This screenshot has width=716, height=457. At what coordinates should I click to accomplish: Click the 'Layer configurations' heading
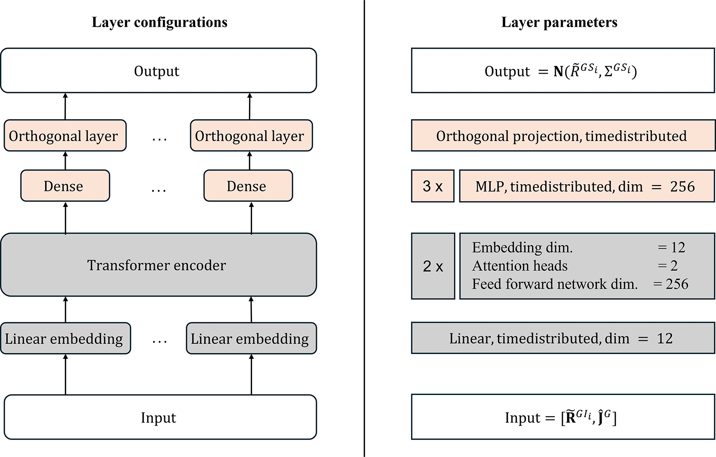[x=160, y=22]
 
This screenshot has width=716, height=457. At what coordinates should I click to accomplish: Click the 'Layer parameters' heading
[x=559, y=22]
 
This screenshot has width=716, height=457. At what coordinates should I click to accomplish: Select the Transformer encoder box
[x=159, y=265]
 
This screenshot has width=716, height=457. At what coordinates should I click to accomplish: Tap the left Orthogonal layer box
[x=65, y=136]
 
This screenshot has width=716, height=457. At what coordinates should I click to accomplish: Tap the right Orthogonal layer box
[x=251, y=136]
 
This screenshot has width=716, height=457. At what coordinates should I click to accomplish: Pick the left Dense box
[x=65, y=186]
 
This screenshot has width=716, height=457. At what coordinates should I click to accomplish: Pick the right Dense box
[x=248, y=186]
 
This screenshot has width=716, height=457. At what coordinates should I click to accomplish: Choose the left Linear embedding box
[x=65, y=338]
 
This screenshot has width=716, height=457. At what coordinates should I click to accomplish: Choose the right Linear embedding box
[x=251, y=338]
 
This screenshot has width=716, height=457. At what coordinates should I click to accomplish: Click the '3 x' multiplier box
[x=433, y=186]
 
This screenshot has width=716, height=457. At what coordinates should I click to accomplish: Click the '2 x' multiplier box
[x=433, y=266]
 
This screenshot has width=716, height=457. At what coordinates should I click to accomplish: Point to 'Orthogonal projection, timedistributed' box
[x=563, y=136]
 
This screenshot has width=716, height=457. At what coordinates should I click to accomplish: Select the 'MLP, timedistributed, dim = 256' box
[x=587, y=186]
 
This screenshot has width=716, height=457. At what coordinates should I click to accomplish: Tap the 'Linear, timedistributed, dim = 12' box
[x=563, y=338]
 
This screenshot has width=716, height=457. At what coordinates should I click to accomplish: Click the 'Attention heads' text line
[x=520, y=265]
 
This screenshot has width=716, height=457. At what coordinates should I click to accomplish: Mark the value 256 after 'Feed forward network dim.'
[x=677, y=284]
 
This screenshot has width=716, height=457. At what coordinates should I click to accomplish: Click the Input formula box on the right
[x=563, y=417]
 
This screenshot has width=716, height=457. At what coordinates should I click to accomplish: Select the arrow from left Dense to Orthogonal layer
[x=65, y=161]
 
